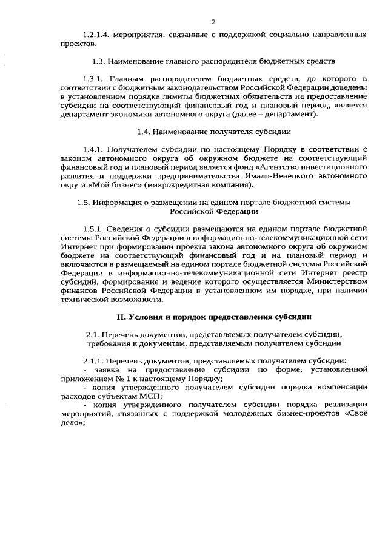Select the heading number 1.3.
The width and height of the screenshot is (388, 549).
click(x=99, y=62)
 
